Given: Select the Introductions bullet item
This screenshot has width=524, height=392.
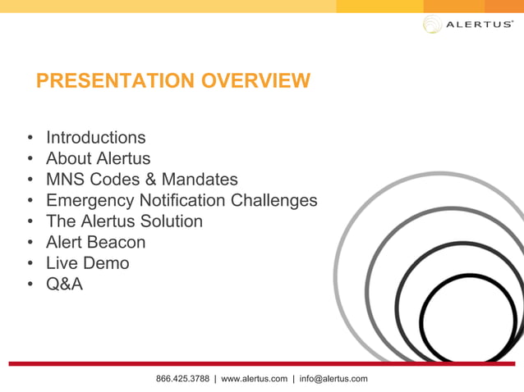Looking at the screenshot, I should [x=95, y=137].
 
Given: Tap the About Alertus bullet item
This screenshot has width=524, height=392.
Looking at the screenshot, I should [x=98, y=158].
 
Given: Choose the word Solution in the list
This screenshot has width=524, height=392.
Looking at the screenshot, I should [x=172, y=221].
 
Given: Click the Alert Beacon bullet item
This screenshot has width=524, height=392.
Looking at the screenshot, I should [x=95, y=243].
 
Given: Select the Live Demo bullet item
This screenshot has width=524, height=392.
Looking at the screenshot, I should [x=87, y=263].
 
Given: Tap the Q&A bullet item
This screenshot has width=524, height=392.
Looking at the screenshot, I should [x=64, y=285].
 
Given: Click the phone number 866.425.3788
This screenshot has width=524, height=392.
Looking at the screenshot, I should [x=182, y=379].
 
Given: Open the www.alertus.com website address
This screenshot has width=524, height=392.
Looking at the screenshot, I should [x=255, y=379].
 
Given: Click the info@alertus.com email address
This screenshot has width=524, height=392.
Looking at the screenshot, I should [x=333, y=379].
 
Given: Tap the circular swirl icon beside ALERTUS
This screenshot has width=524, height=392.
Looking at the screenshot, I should [x=432, y=25].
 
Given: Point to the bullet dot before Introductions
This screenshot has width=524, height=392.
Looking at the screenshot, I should [x=30, y=138].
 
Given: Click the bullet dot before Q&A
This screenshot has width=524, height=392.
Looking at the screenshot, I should [x=30, y=285].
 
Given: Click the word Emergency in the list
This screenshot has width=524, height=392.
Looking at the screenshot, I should [x=89, y=201].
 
